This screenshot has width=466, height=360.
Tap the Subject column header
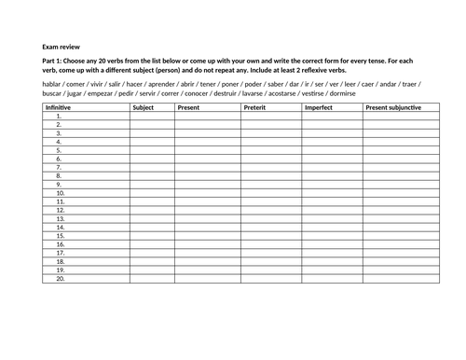point(144,108)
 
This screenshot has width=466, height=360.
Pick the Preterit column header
point(255,108)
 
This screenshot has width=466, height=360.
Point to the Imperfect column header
point(320,108)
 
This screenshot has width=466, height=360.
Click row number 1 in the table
point(59,117)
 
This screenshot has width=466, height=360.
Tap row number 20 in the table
point(60,278)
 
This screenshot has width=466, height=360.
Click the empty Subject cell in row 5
point(152,150)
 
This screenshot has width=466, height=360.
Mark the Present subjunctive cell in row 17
point(401,253)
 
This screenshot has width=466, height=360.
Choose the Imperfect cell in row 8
point(332,175)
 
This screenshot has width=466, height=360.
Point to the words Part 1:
point(56,62)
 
